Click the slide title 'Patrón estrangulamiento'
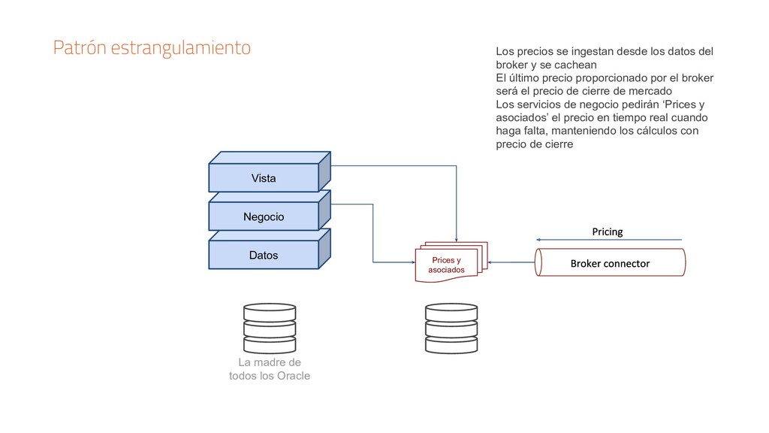(x=152, y=49)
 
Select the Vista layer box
(x=264, y=178)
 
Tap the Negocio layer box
(x=264, y=216)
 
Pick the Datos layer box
(x=264, y=256)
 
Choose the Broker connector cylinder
(x=610, y=263)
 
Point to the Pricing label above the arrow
(x=607, y=232)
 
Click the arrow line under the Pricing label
(x=610, y=241)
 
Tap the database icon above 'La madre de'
(x=269, y=329)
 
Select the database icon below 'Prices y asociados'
(x=451, y=329)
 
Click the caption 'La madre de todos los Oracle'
(x=269, y=369)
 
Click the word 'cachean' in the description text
(x=576, y=65)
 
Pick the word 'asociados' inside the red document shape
(x=447, y=270)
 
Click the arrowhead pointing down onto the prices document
(x=456, y=239)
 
